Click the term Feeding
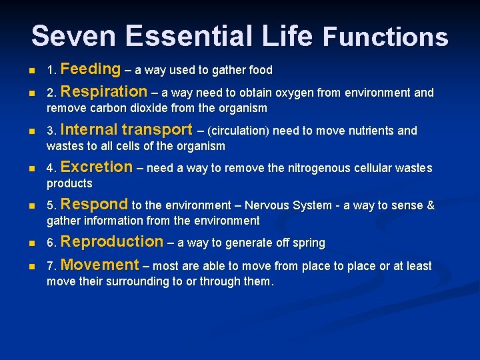click(90, 69)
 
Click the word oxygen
click(303, 93)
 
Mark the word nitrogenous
click(319, 169)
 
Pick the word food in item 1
click(260, 70)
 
